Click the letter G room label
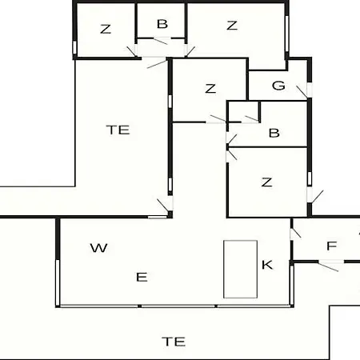278,86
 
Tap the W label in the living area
99,248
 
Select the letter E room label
142,277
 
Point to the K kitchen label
267,265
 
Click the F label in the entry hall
332,246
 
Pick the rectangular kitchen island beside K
240,269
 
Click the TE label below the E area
174,342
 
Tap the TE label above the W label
118,130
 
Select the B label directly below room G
274,133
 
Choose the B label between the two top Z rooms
162,24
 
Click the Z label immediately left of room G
210,88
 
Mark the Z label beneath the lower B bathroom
266,182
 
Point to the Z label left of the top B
106,29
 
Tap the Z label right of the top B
232,26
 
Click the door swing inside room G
302,92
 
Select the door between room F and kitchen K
295,233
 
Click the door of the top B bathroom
160,41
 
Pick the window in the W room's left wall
58,282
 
